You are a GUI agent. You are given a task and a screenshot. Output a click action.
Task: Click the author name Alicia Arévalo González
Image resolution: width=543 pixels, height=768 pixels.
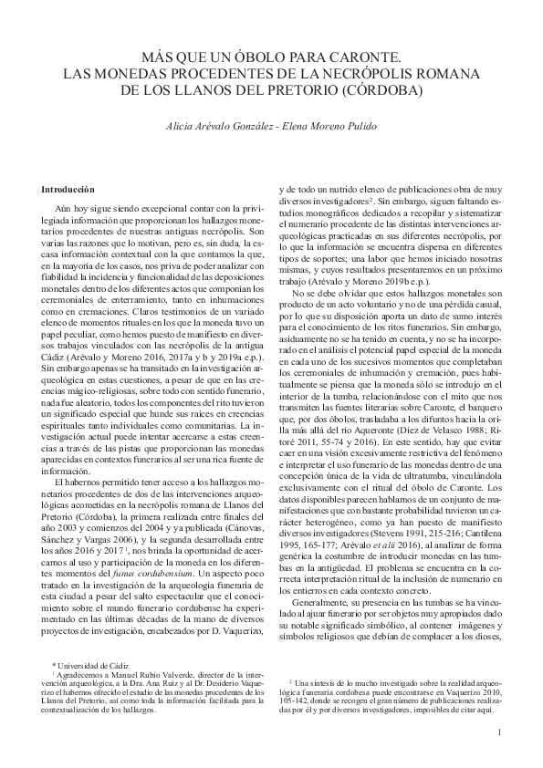pyautogui.click(x=216, y=125)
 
